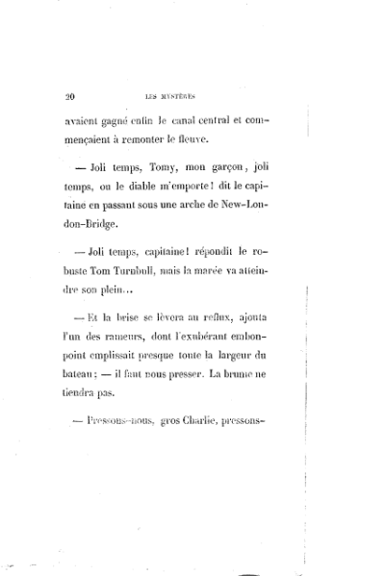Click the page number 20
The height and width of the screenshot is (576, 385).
[x=70, y=96]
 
